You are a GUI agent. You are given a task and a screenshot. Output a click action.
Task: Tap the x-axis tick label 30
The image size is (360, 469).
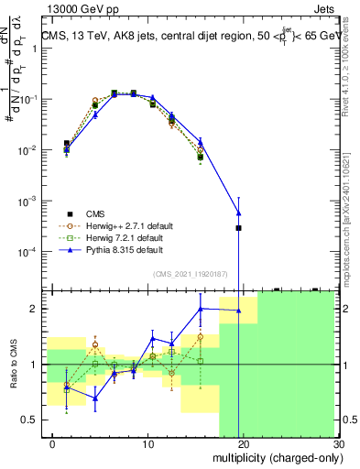(338, 444)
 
